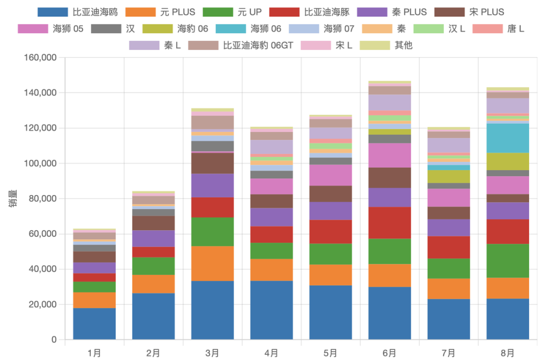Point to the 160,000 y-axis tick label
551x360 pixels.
(x=40, y=58)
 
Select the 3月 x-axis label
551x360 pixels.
(x=212, y=353)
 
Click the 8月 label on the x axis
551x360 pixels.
(x=507, y=353)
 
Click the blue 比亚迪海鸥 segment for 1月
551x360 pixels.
(x=94, y=324)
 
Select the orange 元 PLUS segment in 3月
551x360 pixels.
(x=212, y=263)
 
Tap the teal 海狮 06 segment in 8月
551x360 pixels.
(x=507, y=138)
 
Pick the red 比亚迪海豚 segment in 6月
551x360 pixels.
(x=389, y=223)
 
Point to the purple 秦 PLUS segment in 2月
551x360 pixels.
(x=153, y=238)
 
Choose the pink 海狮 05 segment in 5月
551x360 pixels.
(x=330, y=175)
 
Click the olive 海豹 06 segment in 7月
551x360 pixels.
(x=448, y=176)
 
